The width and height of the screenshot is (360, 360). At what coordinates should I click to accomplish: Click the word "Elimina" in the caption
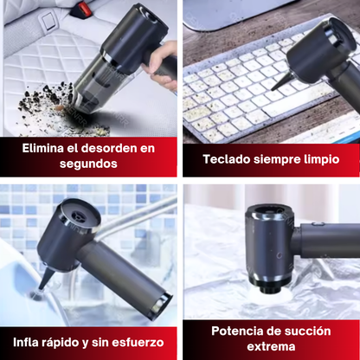(x=42, y=148)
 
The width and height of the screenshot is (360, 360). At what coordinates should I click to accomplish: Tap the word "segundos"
(x=88, y=164)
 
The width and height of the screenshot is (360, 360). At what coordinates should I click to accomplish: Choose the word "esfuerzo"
(x=138, y=343)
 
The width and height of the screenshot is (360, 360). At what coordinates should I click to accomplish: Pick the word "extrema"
(x=271, y=346)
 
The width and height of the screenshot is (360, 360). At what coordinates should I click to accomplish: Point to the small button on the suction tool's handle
(x=316, y=223)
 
